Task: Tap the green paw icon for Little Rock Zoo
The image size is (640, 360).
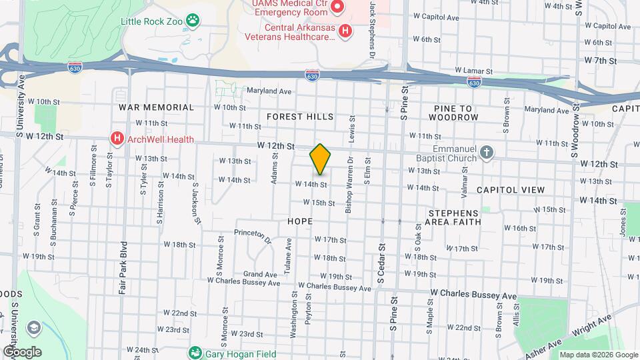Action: coord(193,21)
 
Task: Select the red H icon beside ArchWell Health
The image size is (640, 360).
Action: coord(117,139)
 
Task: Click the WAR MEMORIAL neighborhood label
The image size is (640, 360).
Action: coord(156,107)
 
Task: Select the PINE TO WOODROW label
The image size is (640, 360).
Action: coord(456,113)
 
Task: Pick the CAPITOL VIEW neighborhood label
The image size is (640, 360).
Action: coord(511,190)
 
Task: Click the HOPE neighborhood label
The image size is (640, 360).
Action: coord(299,220)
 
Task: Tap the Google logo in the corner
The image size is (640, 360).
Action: coord(21,351)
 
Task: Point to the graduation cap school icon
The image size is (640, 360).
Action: coord(33,328)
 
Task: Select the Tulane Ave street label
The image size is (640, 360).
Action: coord(289,254)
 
